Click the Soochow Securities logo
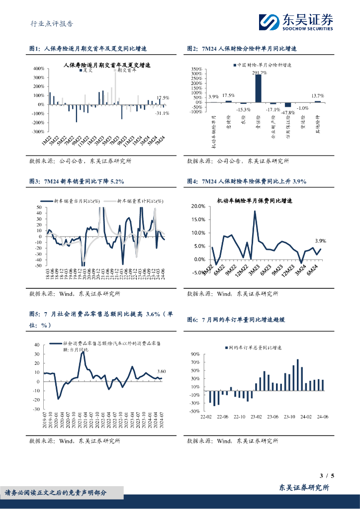295,21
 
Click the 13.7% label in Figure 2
317,95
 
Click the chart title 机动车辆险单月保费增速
254,201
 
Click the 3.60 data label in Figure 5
161,371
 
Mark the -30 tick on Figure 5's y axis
36,409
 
